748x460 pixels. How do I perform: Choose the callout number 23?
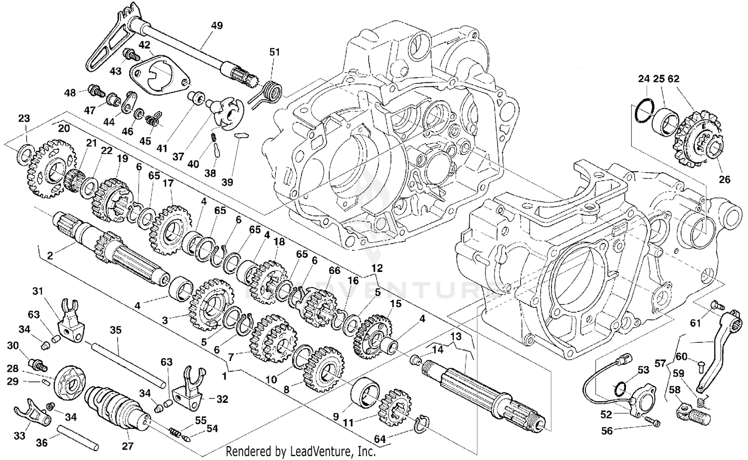[24, 118]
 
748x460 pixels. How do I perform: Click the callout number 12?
[377, 268]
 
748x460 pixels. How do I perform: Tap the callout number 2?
[50, 256]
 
